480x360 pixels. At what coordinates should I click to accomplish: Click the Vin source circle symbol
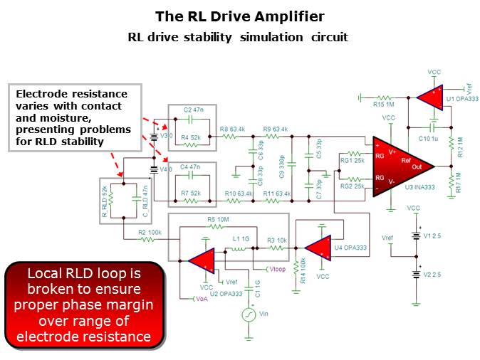click(249, 314)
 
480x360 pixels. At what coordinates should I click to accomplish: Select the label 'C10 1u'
click(430, 136)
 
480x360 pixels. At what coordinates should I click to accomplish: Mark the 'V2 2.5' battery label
click(434, 272)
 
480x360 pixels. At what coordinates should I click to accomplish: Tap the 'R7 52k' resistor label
click(192, 193)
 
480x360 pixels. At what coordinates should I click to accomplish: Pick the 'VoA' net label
click(202, 300)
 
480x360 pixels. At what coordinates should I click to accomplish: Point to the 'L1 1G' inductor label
click(241, 240)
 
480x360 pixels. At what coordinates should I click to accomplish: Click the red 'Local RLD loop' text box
click(85, 305)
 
